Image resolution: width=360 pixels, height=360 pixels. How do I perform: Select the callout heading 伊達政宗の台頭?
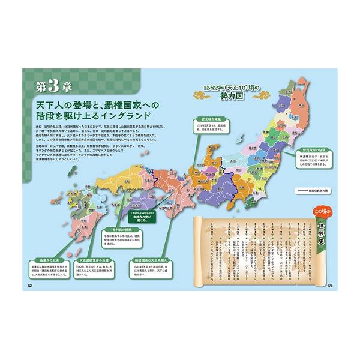[x=311, y=149]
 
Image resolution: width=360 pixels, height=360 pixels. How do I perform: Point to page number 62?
[x=331, y=284]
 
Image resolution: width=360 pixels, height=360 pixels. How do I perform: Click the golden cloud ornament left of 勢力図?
[x=199, y=94]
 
